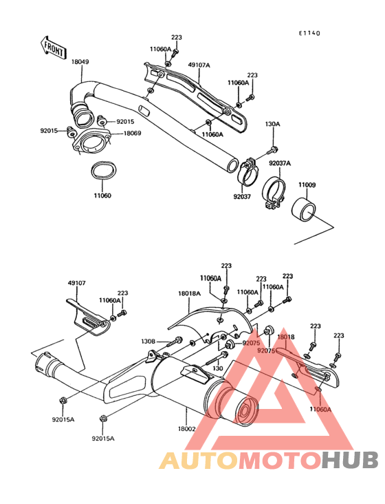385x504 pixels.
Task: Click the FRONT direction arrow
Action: [x=53, y=48]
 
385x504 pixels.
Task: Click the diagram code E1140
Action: [x=309, y=33]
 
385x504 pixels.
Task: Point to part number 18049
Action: [x=80, y=62]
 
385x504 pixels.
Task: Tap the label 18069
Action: [x=132, y=133]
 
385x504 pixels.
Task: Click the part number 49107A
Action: [x=199, y=65]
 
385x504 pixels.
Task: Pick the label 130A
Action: [x=272, y=124]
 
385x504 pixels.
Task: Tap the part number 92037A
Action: [x=280, y=164]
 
